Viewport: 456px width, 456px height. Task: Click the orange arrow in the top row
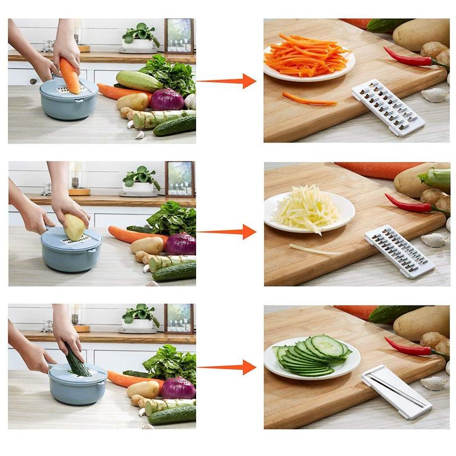point(228,81)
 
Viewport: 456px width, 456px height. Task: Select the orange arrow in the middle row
point(228,232)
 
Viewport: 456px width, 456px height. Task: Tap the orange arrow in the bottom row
point(228,367)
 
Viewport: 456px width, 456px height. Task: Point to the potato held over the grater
point(75,226)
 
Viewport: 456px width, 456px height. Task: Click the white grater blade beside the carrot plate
point(388,107)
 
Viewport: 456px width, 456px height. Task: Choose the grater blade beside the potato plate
point(399,251)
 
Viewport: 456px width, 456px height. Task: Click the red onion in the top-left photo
point(167,99)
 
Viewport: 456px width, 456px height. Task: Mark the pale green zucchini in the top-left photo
point(139,80)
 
